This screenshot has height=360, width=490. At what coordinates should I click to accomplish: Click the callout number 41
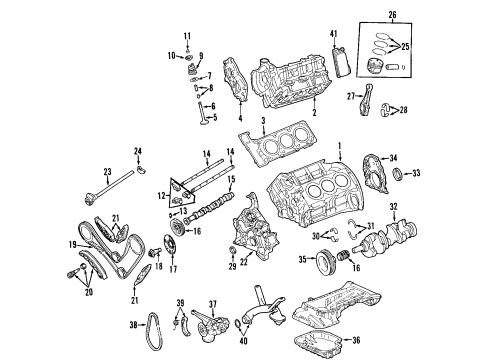coord(334,34)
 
